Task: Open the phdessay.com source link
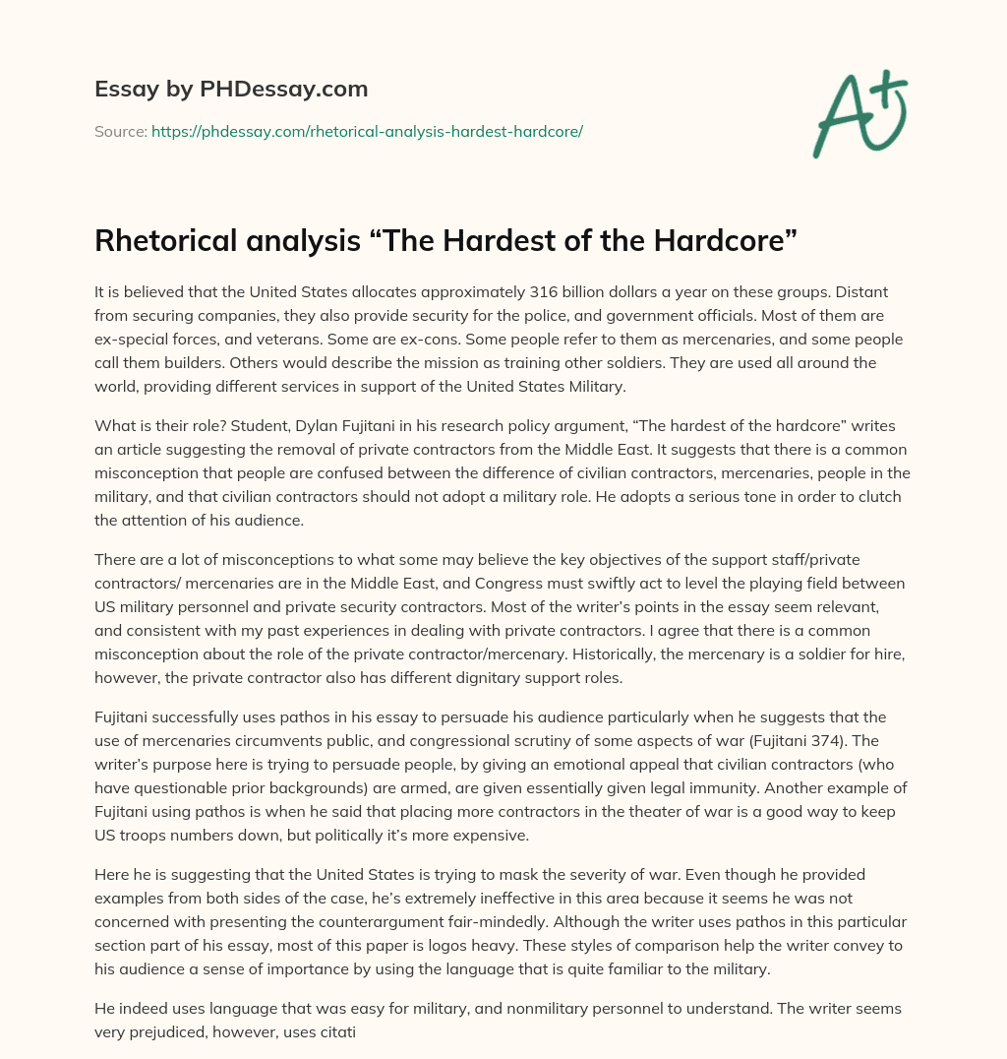tap(367, 131)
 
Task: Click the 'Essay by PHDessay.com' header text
tap(231, 89)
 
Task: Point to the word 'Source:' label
tap(120, 131)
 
